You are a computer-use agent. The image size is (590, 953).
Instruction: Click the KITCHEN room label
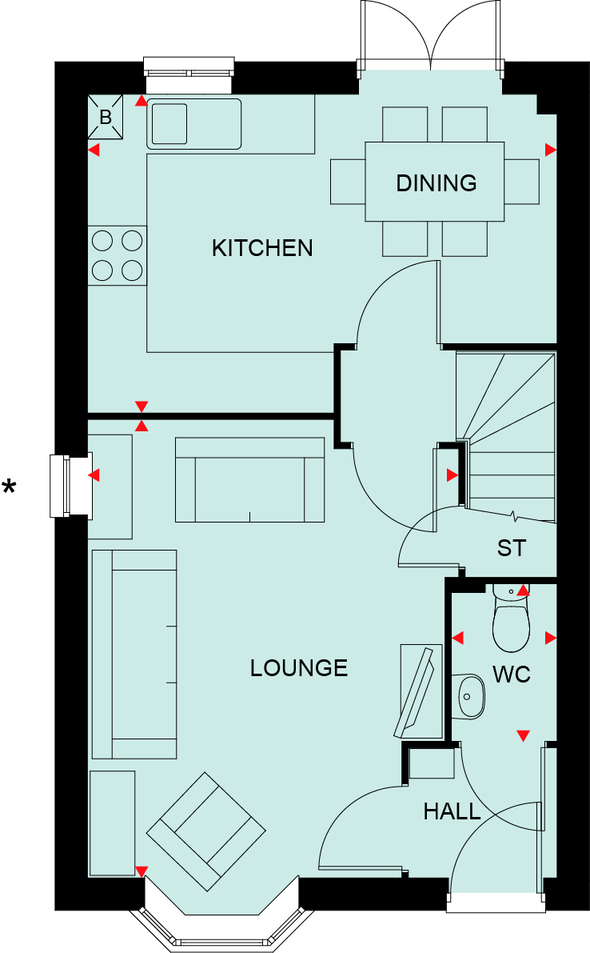[x=262, y=248]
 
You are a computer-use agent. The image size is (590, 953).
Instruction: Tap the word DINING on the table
[x=437, y=183]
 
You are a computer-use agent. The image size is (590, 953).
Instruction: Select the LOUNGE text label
[x=299, y=668]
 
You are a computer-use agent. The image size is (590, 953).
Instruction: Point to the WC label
[x=511, y=674]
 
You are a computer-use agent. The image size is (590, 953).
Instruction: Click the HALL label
[x=452, y=811]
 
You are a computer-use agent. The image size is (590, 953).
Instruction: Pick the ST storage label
[x=511, y=548]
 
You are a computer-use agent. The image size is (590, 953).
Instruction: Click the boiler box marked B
[x=106, y=117]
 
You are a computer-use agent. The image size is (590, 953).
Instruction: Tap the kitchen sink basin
[x=169, y=124]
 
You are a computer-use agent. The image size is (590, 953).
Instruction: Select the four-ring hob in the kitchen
[x=118, y=255]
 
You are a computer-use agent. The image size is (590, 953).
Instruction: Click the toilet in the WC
[x=511, y=619]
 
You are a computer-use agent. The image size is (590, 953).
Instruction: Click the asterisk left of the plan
[x=9, y=487]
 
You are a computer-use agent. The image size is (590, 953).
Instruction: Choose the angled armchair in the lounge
[x=205, y=831]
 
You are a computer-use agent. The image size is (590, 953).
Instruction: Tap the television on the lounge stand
[x=415, y=691]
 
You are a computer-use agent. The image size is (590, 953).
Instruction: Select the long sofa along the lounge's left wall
[x=134, y=654]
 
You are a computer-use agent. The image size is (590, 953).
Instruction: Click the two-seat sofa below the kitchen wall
[x=249, y=479]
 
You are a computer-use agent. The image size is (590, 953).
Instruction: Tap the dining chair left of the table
[x=348, y=182]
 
